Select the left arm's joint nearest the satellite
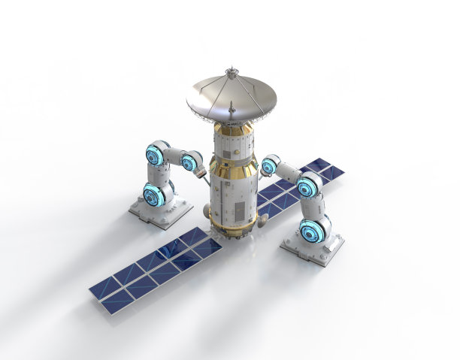pos(192,161)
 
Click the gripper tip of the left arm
pos(201,173)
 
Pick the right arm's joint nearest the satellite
pos(269,165)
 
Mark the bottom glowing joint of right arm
pos(313,230)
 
